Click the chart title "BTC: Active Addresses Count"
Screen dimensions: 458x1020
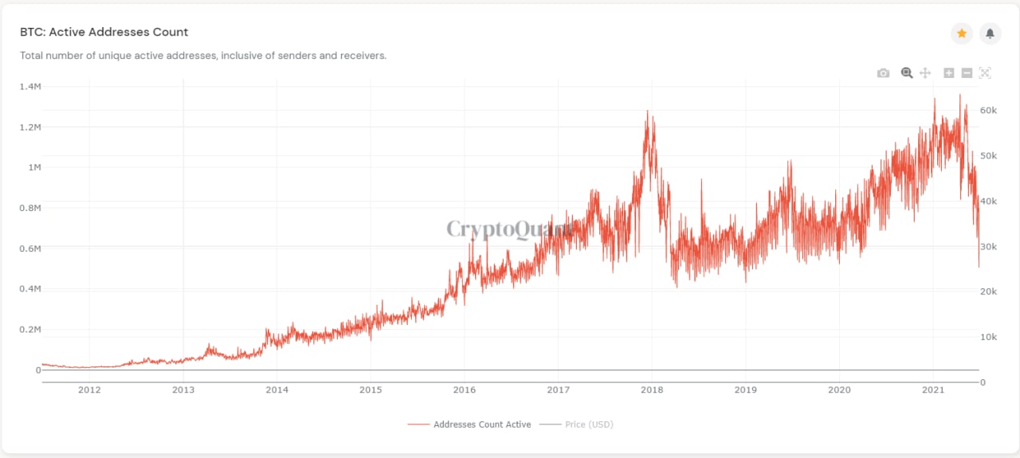(x=104, y=33)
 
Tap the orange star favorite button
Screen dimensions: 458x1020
(x=962, y=33)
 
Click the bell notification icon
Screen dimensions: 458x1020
(x=990, y=33)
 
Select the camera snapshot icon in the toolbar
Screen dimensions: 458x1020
(x=883, y=73)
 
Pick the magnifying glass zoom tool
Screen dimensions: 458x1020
(x=907, y=73)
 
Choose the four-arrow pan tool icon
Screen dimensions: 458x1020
(x=925, y=73)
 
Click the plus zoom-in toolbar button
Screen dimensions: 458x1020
(x=949, y=73)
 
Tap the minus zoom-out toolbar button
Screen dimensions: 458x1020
(x=967, y=73)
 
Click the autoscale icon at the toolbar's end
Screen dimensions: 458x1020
(x=985, y=73)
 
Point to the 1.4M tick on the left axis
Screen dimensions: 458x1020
(x=30, y=86)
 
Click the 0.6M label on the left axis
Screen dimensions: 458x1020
(x=30, y=249)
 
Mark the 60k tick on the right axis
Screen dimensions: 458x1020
(x=987, y=110)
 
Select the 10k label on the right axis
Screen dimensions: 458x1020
(x=987, y=337)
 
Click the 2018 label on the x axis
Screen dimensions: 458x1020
(x=652, y=389)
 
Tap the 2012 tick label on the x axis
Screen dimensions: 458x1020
(x=89, y=389)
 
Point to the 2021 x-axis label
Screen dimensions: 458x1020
(x=932, y=389)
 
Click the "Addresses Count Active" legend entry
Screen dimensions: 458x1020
(x=481, y=425)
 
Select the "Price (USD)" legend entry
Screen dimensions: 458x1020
(x=589, y=425)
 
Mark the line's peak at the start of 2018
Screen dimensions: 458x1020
(x=648, y=111)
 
